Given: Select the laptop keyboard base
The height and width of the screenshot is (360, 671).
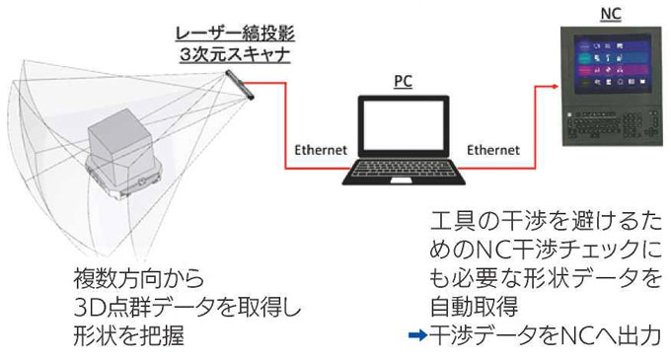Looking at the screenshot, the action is (x=404, y=179).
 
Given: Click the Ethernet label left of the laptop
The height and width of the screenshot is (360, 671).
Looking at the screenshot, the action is (x=321, y=150).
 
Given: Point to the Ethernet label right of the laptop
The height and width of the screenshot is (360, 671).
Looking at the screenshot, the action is (x=492, y=150).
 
